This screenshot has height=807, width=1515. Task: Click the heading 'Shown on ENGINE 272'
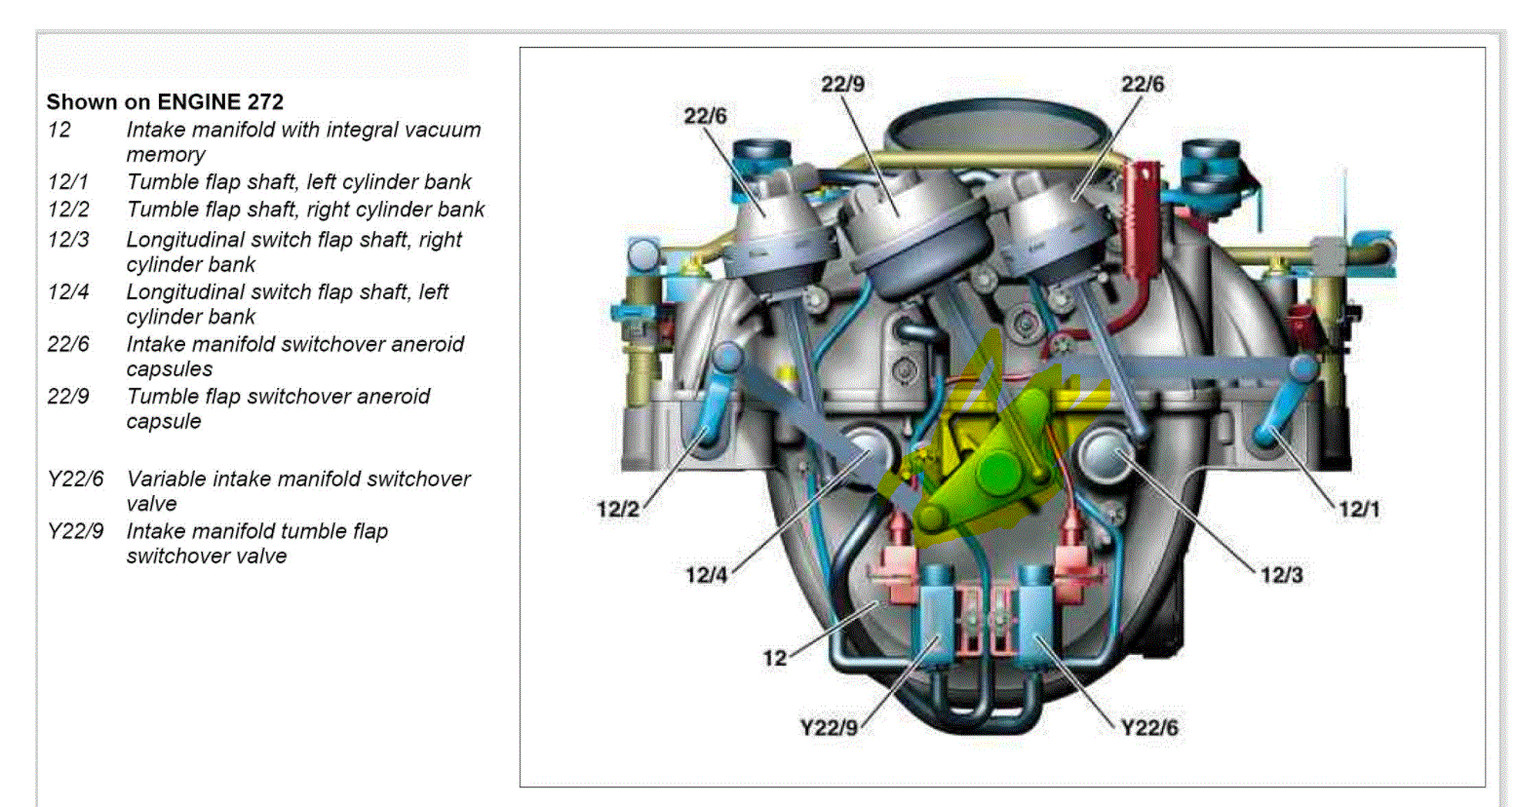click(165, 101)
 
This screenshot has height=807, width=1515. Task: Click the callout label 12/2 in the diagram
click(617, 509)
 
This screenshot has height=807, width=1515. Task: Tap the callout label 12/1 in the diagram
click(1359, 509)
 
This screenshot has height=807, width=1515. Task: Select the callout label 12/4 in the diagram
click(706, 575)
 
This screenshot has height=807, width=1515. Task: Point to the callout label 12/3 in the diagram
click(1281, 575)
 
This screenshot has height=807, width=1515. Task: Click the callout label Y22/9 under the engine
click(829, 728)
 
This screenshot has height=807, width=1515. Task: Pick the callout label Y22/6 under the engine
click(1149, 728)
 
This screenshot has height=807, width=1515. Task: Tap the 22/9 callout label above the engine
click(842, 84)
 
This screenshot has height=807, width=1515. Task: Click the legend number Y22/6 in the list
click(75, 479)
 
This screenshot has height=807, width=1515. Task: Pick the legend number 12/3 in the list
click(68, 240)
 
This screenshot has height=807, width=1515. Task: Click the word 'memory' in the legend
click(166, 154)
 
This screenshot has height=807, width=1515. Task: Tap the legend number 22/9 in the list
click(68, 397)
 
